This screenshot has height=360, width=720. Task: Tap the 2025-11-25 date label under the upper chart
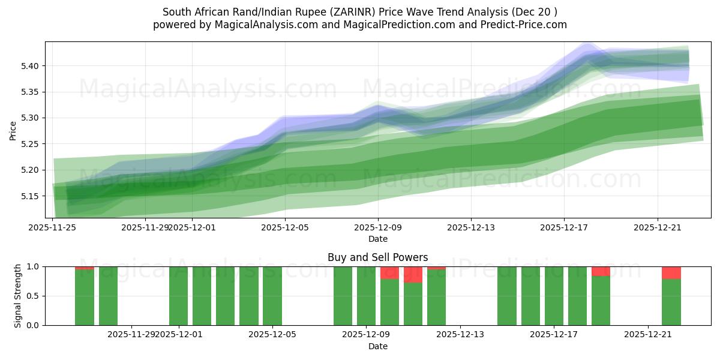(53, 227)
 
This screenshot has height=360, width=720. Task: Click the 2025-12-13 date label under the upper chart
(470, 227)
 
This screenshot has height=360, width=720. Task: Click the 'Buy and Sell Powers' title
(377, 257)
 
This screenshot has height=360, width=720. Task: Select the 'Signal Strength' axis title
(18, 296)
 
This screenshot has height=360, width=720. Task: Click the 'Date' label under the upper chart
(377, 239)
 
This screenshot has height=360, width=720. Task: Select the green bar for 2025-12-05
(272, 296)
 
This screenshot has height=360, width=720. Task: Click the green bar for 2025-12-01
(178, 296)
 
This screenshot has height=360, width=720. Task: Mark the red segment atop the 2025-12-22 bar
(671, 273)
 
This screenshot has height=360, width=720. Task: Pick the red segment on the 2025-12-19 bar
(601, 271)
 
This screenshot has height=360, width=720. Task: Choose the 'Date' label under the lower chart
(377, 346)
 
